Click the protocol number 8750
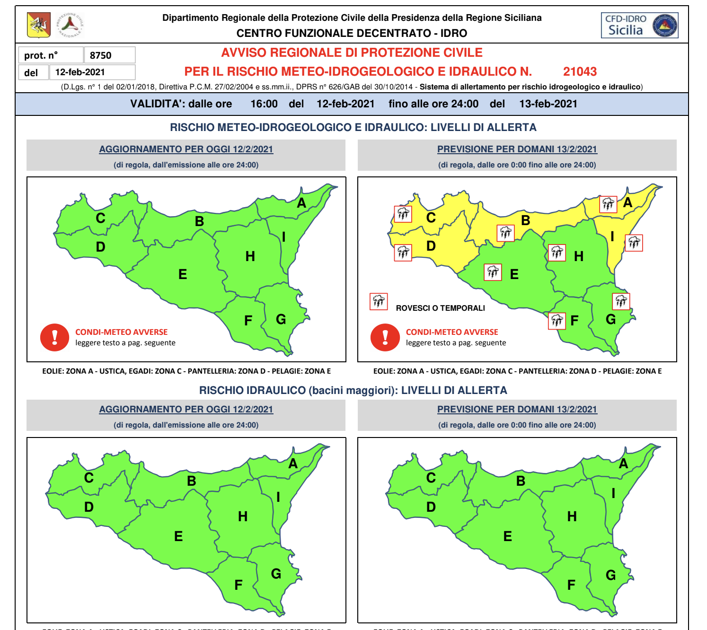[101, 55]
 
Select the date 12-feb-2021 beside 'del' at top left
[80, 72]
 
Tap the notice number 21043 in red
[580, 71]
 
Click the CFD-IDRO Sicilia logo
[640, 26]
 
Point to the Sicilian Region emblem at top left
[39, 26]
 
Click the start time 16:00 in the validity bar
[264, 104]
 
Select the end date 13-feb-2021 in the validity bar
[548, 104]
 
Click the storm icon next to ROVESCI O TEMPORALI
[379, 301]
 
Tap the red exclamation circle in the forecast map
[385, 337]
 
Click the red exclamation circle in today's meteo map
[55, 337]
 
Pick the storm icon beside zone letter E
[493, 272]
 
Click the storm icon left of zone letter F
[557, 321]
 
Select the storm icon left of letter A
[608, 204]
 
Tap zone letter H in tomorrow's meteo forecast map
[579, 256]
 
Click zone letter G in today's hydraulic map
[276, 574]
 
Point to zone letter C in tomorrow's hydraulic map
[431, 478]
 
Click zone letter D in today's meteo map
[100, 247]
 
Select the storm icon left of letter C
[403, 214]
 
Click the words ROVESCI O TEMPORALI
[440, 308]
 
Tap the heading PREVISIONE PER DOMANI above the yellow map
[517, 149]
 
